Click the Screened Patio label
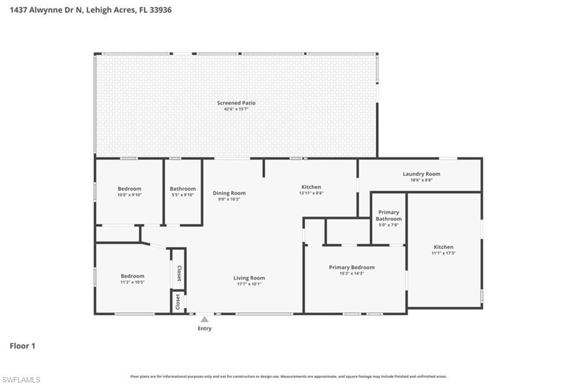236,103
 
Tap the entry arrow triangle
205,319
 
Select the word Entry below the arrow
205,328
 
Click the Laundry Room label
421,174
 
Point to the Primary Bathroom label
389,216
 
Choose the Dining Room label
229,193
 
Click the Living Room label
249,278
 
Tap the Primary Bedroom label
352,267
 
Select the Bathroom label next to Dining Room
183,189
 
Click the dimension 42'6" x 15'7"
236,109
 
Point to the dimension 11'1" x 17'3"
443,253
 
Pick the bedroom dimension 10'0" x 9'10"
129,195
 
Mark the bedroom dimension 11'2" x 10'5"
132,282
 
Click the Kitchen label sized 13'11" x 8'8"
311,187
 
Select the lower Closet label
177,301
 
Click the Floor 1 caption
23,346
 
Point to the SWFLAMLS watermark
21,379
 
